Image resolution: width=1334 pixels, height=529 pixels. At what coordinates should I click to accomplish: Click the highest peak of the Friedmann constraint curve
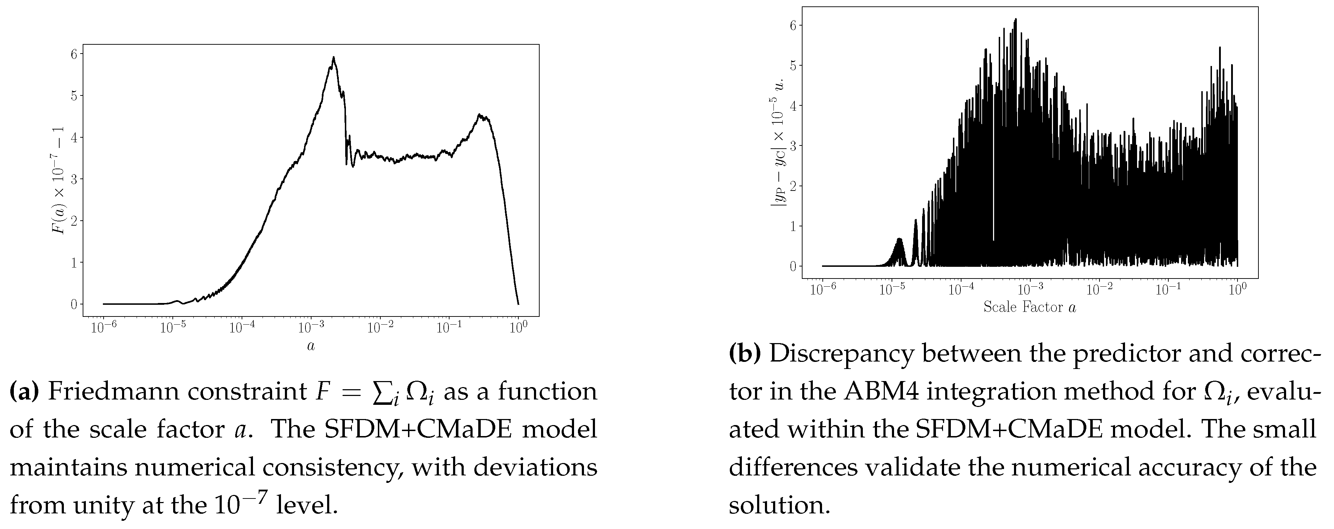pos(333,57)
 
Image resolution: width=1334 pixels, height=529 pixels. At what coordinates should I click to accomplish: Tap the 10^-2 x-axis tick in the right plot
pos(1099,290)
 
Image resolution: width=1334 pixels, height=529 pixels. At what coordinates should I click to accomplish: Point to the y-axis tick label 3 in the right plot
pos(792,145)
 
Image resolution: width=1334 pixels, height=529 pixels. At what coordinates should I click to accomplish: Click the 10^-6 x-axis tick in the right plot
pos(822,290)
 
